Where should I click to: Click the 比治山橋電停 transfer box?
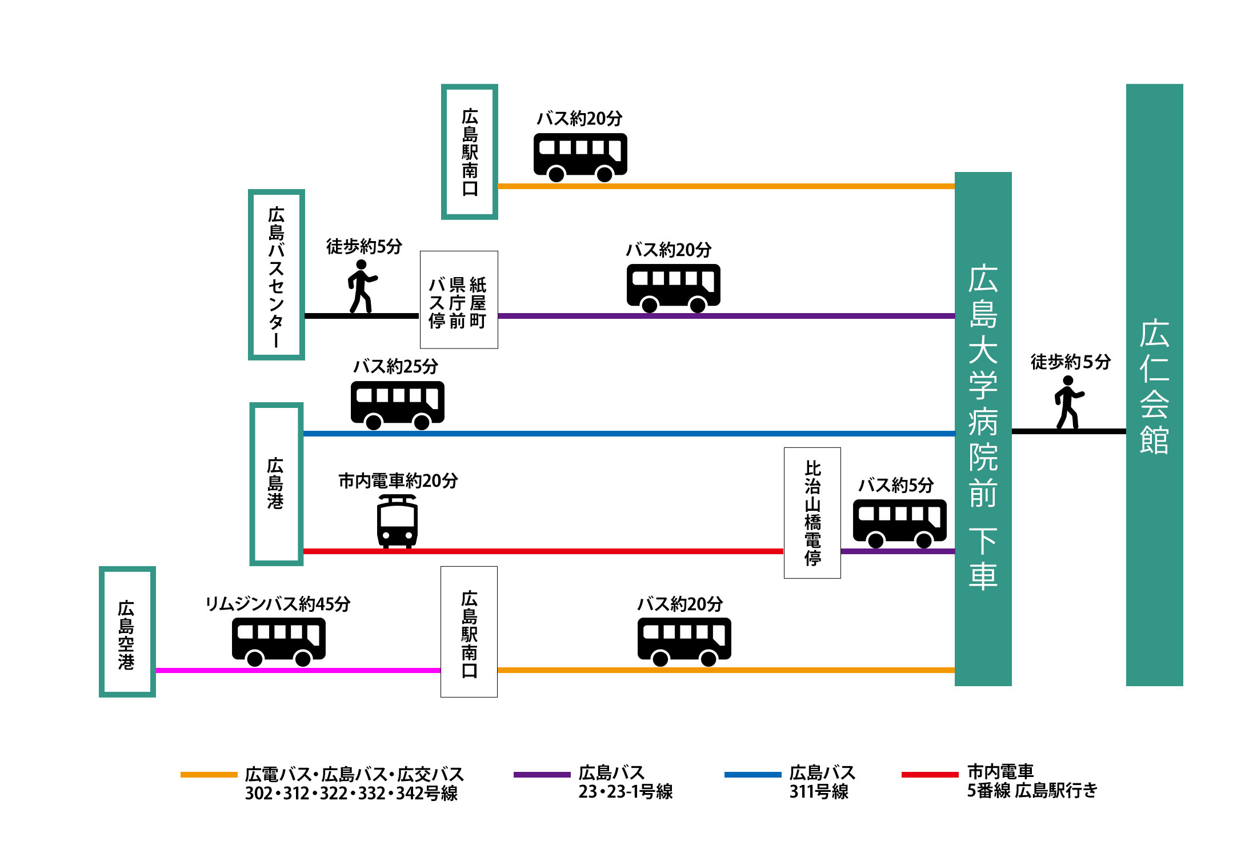coord(812,512)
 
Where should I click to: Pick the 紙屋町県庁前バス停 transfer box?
coord(459,299)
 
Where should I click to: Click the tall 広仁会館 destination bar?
coord(1154,385)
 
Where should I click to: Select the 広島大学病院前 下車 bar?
coord(983,428)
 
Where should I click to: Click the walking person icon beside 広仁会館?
coord(1068,402)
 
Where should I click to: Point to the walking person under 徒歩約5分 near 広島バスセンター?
coord(362,286)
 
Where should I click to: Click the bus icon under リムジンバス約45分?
coord(279,642)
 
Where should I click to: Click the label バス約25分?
coord(396,366)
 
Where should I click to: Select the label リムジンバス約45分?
coord(278,604)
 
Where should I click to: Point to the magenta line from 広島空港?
coord(298,670)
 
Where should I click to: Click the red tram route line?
coord(543,551)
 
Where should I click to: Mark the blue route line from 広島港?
coord(629,434)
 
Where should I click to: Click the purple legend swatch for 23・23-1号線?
coord(542,775)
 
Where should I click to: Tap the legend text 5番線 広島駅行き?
coord(1032,791)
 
